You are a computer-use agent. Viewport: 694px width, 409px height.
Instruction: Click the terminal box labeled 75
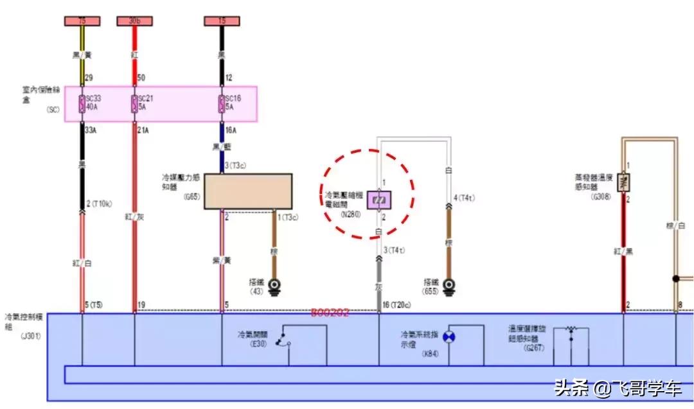click(82, 21)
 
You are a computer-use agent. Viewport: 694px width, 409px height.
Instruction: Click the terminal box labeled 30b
click(134, 21)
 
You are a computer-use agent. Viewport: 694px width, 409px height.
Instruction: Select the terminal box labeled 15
click(222, 21)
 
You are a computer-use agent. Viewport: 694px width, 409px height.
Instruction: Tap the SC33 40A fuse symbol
click(82, 104)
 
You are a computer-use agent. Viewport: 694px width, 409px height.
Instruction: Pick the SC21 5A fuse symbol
click(134, 104)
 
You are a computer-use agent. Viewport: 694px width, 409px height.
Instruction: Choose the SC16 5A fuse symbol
click(222, 104)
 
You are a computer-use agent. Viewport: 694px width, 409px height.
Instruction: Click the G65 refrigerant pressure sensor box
click(248, 191)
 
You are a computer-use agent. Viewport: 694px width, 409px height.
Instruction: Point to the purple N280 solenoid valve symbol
click(378, 201)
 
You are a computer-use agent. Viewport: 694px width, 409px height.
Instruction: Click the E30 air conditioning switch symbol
click(283, 342)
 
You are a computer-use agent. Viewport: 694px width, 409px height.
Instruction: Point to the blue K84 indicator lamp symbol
click(449, 336)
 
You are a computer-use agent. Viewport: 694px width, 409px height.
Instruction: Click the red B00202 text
click(330, 313)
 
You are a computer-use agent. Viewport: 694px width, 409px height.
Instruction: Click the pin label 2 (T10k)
click(100, 204)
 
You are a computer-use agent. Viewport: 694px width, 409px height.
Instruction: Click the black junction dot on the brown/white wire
click(675, 279)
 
